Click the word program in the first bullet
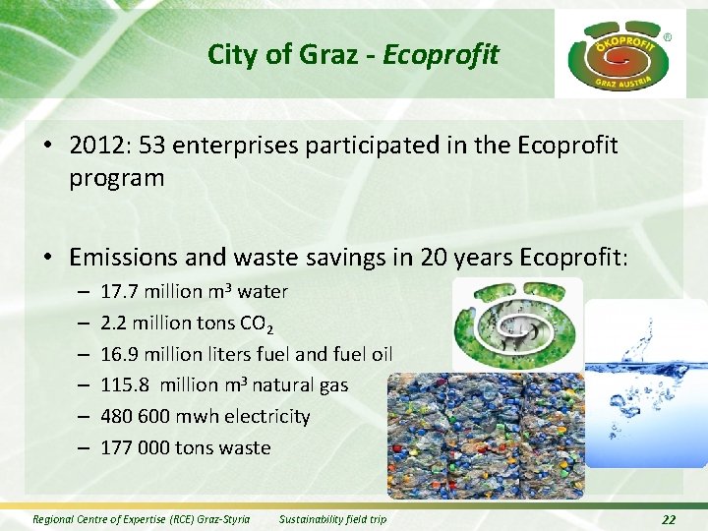(x=116, y=178)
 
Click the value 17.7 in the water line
(x=118, y=291)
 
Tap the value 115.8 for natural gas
(x=124, y=385)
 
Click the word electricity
(x=266, y=417)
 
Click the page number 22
(x=669, y=519)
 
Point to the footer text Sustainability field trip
(x=332, y=519)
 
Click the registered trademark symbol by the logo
(x=669, y=36)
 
